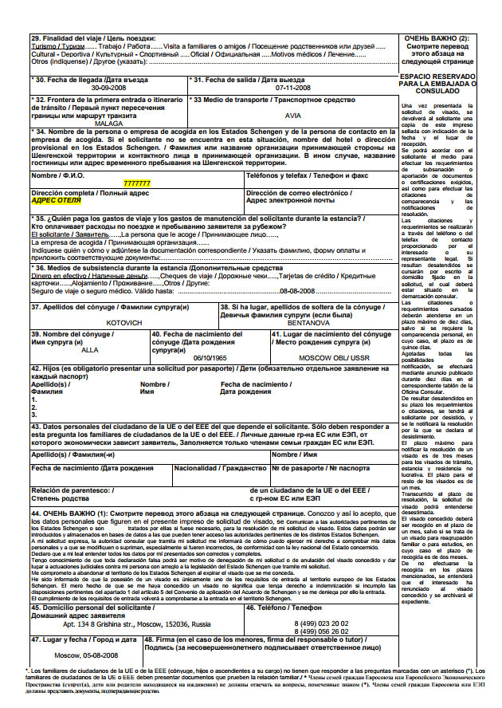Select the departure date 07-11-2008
coord(293,88)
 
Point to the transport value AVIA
coord(294,115)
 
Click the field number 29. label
coord(36,37)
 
